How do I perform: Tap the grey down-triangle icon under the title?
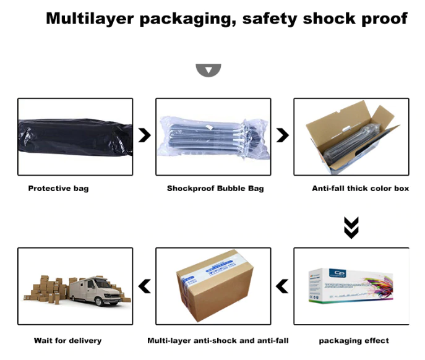click(208, 70)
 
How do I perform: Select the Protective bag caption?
click(58, 188)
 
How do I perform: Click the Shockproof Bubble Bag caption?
click(215, 188)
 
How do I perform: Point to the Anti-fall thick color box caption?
click(360, 188)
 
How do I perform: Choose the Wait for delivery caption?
click(67, 340)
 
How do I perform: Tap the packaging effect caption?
click(354, 340)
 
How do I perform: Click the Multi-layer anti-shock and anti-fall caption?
click(218, 340)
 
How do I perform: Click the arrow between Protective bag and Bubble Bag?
click(145, 135)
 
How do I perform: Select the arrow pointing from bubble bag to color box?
click(282, 135)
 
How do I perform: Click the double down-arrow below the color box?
click(351, 227)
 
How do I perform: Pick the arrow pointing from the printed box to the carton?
click(282, 286)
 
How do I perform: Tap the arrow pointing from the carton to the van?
click(145, 286)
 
